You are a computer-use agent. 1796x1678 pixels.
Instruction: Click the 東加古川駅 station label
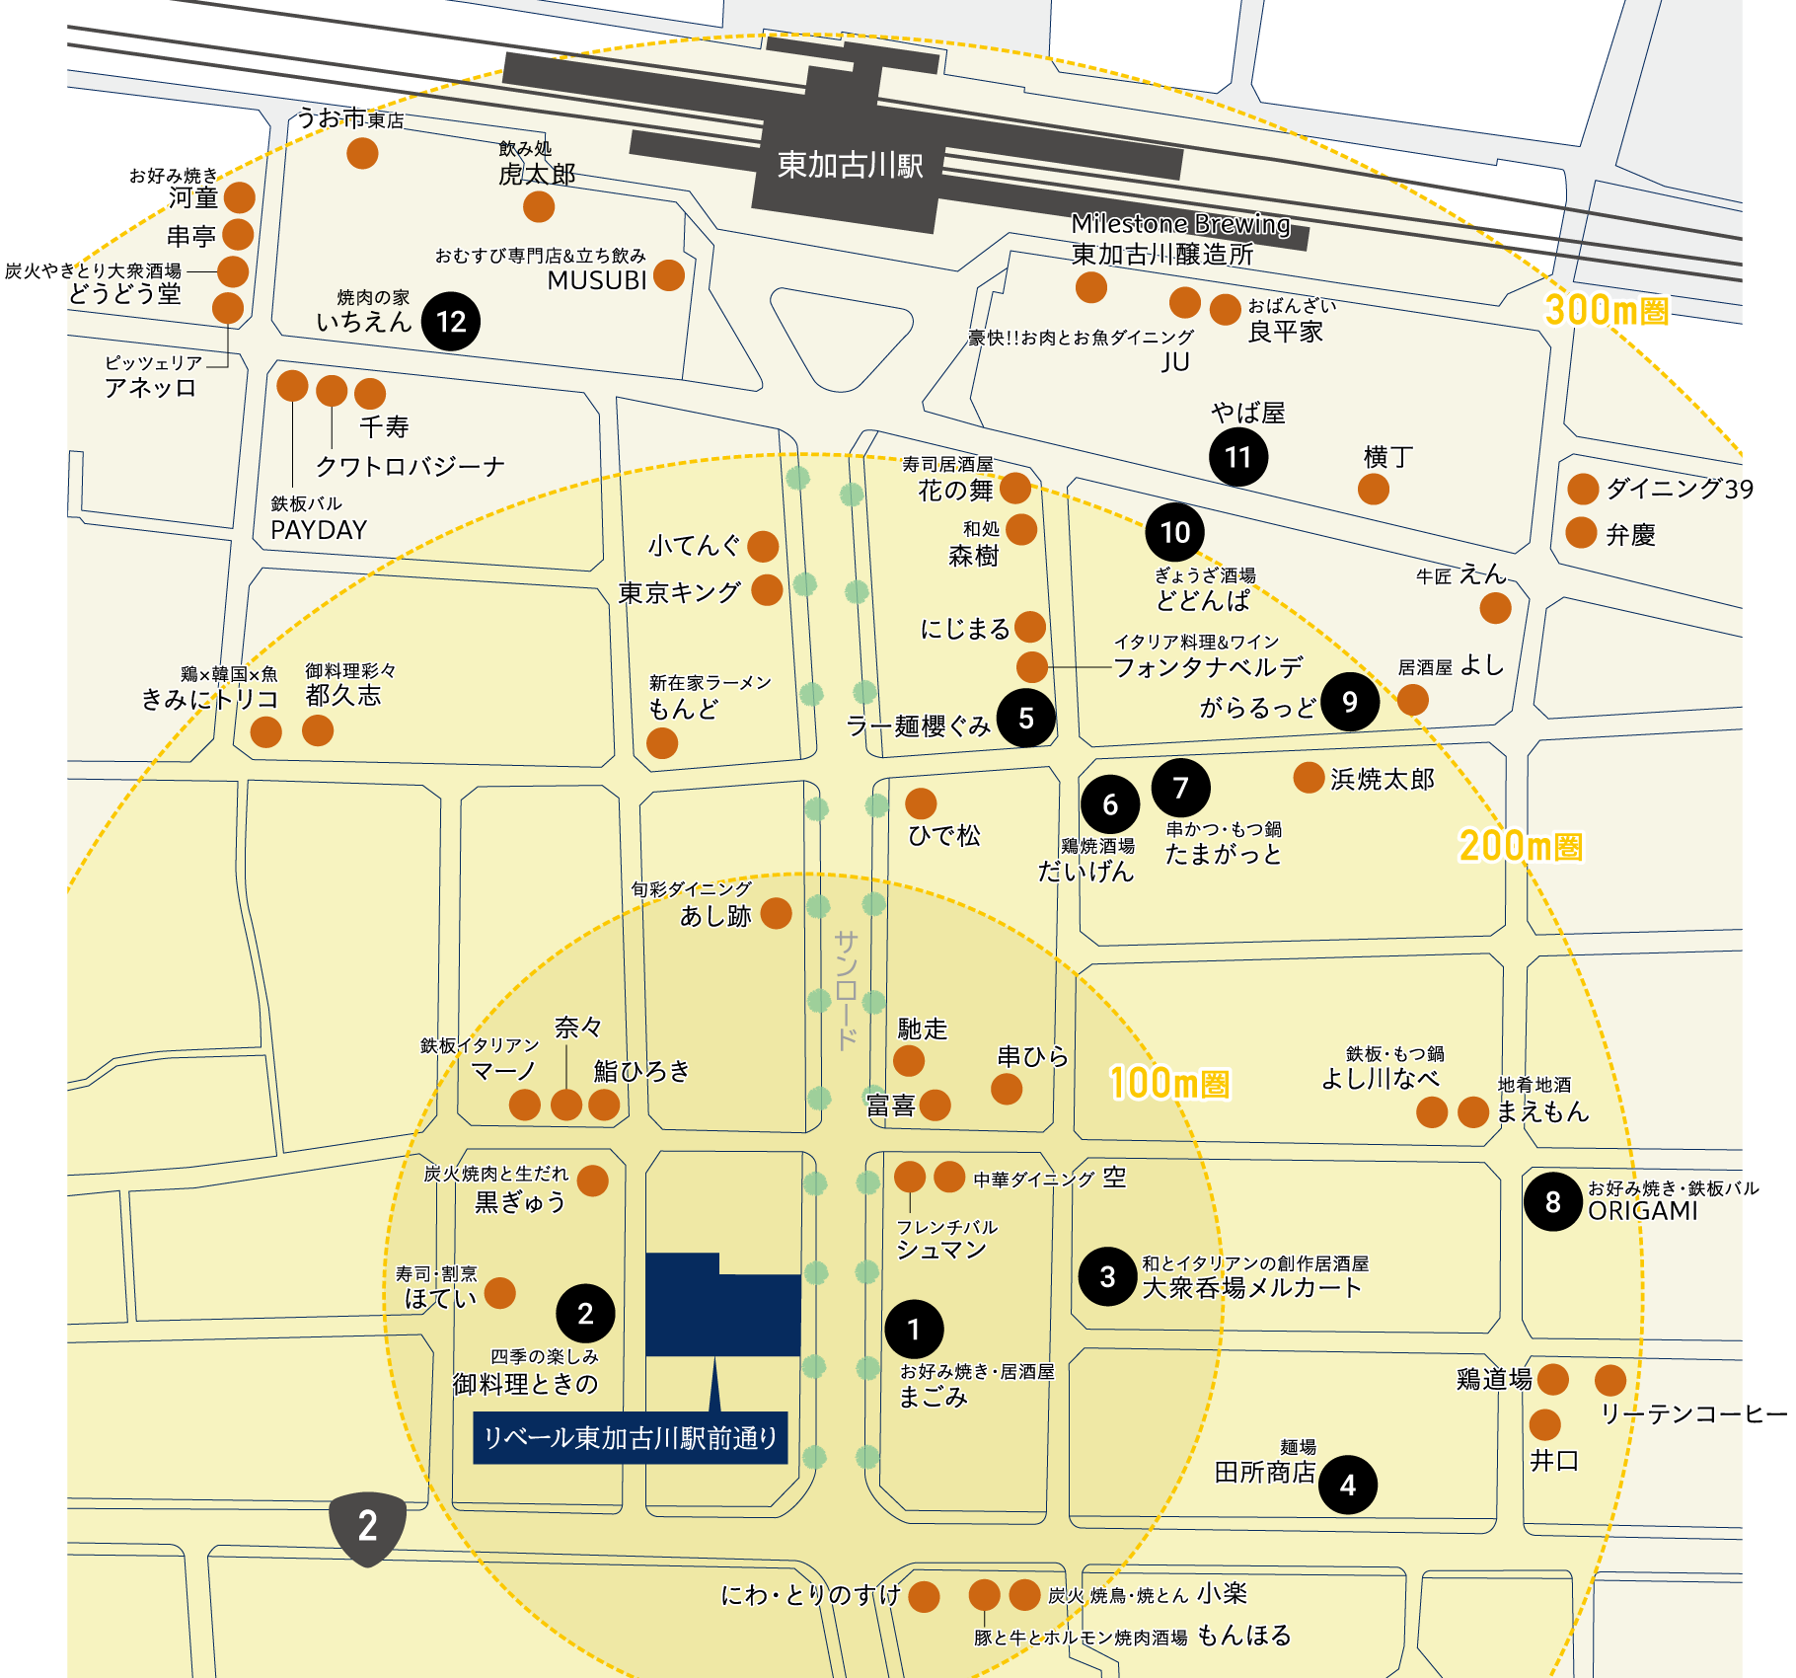point(850,165)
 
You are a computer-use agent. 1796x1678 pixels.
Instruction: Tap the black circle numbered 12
point(451,321)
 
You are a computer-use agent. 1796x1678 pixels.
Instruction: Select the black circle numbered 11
point(1238,457)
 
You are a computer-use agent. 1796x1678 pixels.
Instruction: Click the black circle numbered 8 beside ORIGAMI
point(1553,1201)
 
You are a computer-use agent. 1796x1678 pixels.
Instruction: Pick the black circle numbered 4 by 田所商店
point(1348,1485)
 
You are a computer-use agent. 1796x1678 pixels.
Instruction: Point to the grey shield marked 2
point(367,1527)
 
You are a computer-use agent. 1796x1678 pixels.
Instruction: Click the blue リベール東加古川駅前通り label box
point(630,1438)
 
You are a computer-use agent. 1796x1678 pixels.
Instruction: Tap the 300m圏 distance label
point(1606,310)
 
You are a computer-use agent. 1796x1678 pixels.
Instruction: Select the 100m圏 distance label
point(1169,1083)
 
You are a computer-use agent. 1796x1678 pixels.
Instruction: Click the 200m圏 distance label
point(1520,846)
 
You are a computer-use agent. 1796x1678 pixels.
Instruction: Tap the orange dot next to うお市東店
point(362,153)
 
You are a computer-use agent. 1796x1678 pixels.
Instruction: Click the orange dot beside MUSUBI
point(669,275)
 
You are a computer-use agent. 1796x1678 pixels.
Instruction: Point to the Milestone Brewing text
point(1180,224)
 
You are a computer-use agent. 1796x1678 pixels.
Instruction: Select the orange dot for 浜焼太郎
point(1309,778)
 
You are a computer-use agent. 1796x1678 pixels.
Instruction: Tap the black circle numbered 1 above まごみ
point(914,1329)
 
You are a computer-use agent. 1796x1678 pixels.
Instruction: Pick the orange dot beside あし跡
point(776,913)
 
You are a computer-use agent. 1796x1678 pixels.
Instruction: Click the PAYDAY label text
point(318,530)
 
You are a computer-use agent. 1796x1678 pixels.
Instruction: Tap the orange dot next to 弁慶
point(1581,533)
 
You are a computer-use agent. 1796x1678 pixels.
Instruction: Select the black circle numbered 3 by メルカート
point(1107,1276)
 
